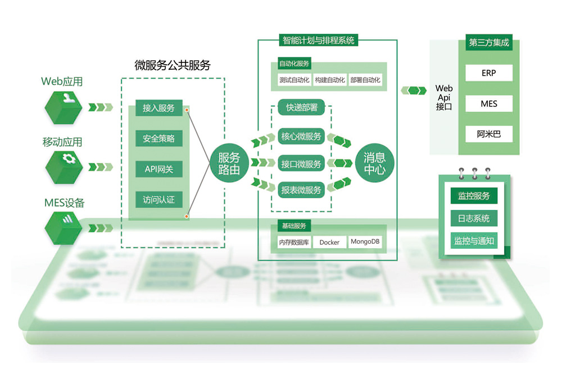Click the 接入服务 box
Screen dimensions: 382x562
click(x=158, y=108)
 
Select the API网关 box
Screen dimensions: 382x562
click(x=158, y=169)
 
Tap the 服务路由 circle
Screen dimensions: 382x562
click(x=229, y=164)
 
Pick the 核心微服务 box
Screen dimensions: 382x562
click(x=301, y=137)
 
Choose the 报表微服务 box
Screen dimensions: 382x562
click(x=301, y=190)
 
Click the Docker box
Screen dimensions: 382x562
click(x=329, y=242)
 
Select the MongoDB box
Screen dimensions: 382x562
click(x=365, y=242)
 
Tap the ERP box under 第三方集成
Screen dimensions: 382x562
click(x=488, y=73)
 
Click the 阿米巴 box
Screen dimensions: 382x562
click(x=488, y=134)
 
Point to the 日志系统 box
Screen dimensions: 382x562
click(x=474, y=218)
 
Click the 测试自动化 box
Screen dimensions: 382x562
click(x=294, y=80)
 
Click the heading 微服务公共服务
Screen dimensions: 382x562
click(x=173, y=65)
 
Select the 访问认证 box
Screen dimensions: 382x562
click(x=158, y=199)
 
